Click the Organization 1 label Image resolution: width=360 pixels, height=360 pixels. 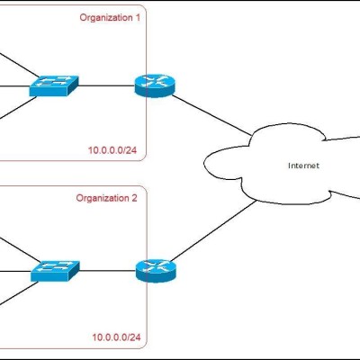point(110,18)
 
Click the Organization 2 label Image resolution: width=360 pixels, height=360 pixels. point(106,198)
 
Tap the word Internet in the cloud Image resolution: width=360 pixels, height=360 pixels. point(303,166)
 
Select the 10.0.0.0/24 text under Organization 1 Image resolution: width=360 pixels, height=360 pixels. point(112,150)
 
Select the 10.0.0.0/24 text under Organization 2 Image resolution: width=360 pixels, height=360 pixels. point(116,337)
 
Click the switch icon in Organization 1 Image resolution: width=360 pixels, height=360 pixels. point(54,85)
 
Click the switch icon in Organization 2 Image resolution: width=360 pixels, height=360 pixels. point(55,271)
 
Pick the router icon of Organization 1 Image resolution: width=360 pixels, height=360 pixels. point(155,85)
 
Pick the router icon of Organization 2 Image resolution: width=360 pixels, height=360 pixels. point(156,271)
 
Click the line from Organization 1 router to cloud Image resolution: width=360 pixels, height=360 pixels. point(211,115)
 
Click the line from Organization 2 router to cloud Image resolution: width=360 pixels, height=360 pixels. point(212,231)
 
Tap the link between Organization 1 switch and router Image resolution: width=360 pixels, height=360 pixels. point(106,85)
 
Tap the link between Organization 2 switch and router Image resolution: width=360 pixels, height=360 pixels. point(108,271)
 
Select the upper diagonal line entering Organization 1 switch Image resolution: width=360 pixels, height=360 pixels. point(19,65)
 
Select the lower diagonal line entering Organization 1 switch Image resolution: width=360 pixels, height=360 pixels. point(18,108)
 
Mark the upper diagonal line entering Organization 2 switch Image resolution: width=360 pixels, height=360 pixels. point(20,250)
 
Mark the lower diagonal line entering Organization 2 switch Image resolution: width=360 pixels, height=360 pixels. point(19,293)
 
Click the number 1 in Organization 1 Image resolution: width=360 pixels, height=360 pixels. point(138,18)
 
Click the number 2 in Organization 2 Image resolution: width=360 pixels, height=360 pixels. point(134,198)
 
